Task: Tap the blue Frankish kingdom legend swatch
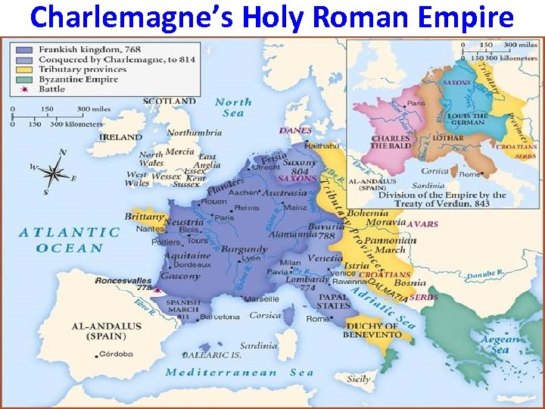pos(20,49)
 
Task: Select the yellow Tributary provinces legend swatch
pos(20,69)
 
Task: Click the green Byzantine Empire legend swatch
pos(20,79)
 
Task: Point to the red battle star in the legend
pos(20,89)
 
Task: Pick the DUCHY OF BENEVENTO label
pos(372,329)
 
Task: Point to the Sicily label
pos(359,379)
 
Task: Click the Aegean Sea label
pos(500,344)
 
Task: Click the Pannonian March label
pos(391,245)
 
